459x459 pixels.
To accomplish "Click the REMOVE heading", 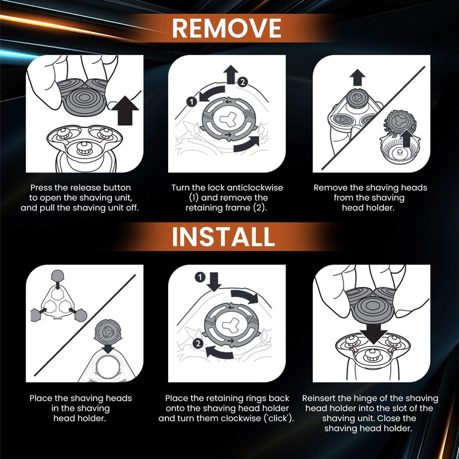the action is click(x=227, y=28).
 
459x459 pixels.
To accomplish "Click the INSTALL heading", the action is click(x=223, y=237).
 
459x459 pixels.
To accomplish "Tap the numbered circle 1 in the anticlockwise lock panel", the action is click(x=192, y=102).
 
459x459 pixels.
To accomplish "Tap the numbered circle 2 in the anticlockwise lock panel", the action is click(x=242, y=82).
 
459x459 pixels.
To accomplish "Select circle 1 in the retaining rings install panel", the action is click(x=200, y=277).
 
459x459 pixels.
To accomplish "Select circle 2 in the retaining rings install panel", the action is click(x=198, y=343).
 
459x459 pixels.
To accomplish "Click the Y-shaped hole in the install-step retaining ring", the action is click(x=231, y=325).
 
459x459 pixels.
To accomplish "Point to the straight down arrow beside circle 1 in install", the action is click(x=214, y=281).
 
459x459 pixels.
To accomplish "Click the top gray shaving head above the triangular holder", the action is click(x=57, y=276).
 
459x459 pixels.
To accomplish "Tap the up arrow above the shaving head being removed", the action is click(x=357, y=77).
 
